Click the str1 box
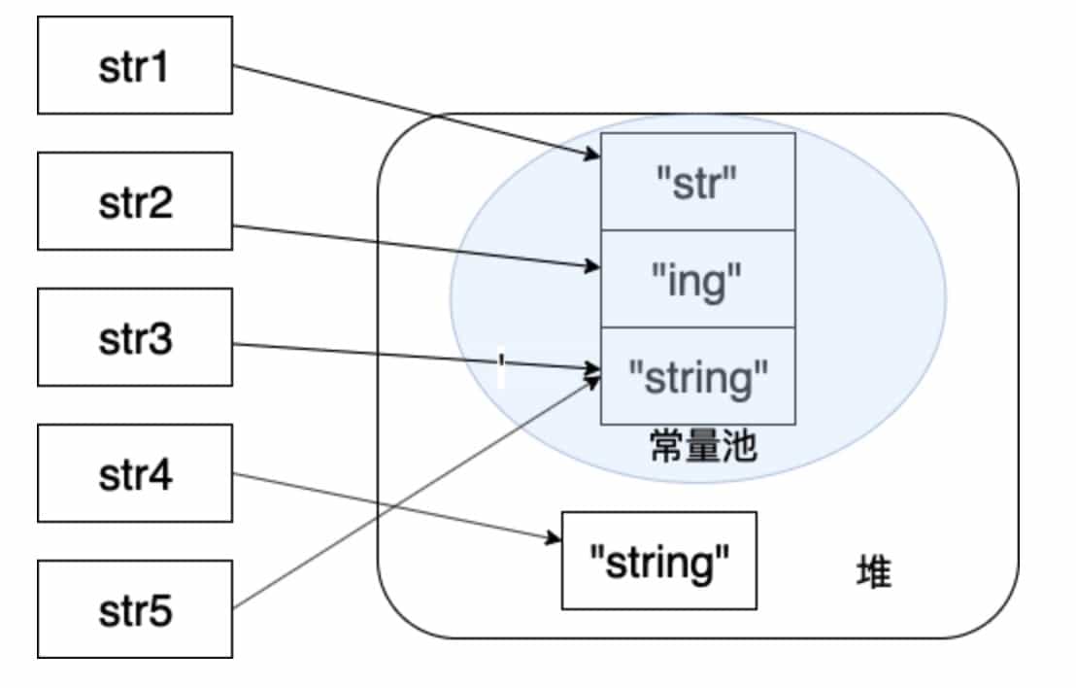135,65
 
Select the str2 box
135,201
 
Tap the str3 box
135,337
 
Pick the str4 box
135,473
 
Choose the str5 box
135,609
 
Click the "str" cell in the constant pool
698,182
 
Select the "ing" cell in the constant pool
698,279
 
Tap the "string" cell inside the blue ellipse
698,376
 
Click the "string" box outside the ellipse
659,561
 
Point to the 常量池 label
702,448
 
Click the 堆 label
874,572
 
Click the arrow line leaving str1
408,110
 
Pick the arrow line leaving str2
408,247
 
